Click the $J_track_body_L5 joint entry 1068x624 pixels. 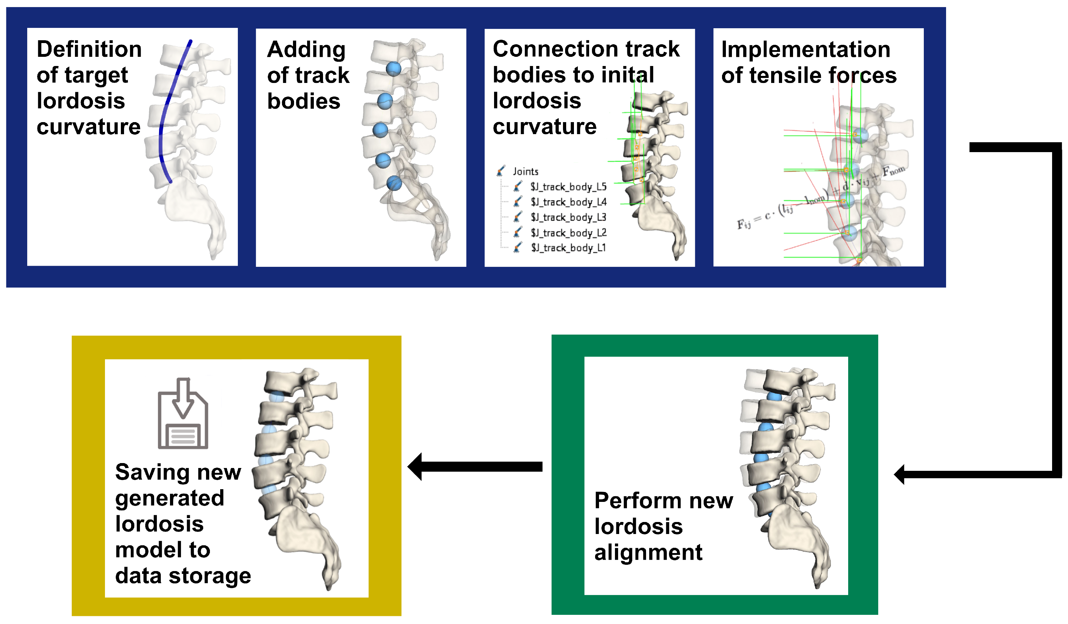tap(568, 187)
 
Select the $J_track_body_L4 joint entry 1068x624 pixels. tap(568, 202)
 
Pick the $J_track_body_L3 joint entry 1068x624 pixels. tap(568, 217)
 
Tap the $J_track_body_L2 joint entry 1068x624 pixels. tap(568, 233)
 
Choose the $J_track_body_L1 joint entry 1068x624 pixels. tap(568, 248)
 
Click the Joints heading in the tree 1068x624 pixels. tap(525, 172)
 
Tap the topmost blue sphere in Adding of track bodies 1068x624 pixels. tap(393, 68)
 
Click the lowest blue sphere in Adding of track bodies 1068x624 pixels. tap(394, 183)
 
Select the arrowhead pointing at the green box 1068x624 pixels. tap(900, 474)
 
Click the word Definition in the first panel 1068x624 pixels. tap(89, 49)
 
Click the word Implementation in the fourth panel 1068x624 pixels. tap(805, 49)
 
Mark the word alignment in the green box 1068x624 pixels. tap(648, 552)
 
